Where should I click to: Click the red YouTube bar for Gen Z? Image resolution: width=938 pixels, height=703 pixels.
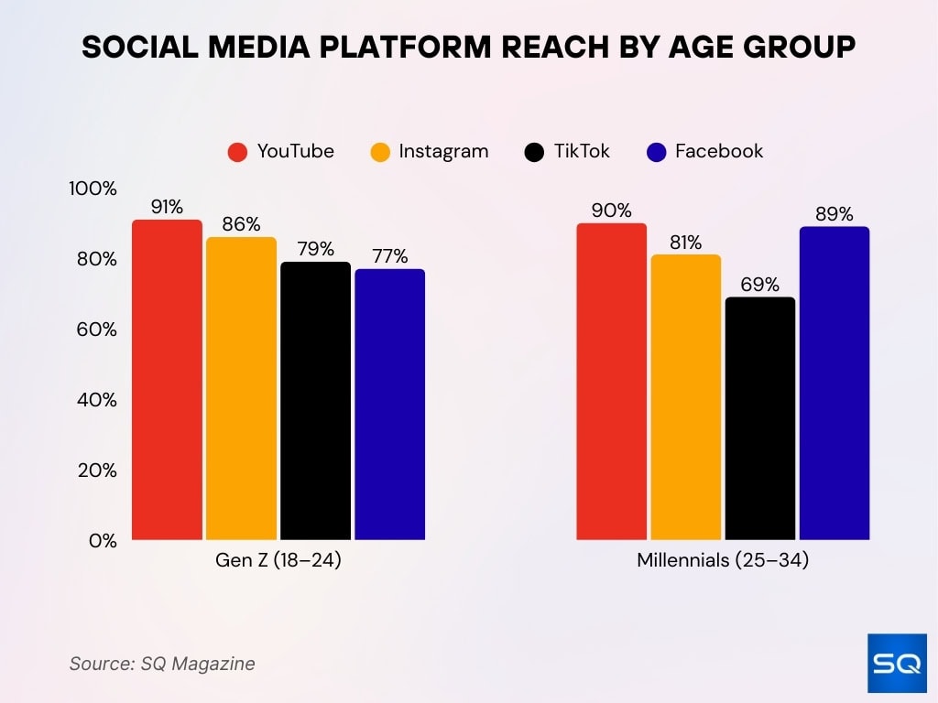click(x=167, y=380)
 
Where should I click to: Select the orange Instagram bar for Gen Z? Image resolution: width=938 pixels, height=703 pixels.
click(x=241, y=388)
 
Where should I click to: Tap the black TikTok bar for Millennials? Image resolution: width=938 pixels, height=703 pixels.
click(x=759, y=418)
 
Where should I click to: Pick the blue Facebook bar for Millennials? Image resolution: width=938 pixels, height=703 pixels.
click(x=834, y=384)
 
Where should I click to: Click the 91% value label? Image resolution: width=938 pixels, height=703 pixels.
click(x=167, y=207)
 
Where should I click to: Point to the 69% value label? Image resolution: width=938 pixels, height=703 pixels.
click(x=759, y=284)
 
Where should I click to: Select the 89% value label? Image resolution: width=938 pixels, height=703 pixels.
click(x=834, y=214)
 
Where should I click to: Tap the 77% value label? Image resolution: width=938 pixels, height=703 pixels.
click(x=389, y=256)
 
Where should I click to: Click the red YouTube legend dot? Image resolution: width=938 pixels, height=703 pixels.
click(x=238, y=152)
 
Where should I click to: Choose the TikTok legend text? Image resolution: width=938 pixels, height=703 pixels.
click(x=582, y=151)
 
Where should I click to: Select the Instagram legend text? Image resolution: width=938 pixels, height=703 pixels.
click(x=443, y=151)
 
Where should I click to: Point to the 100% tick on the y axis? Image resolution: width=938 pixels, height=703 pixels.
click(x=93, y=189)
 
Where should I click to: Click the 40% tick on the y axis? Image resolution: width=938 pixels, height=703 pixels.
click(x=95, y=400)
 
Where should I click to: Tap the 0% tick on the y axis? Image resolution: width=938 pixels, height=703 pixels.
click(x=101, y=541)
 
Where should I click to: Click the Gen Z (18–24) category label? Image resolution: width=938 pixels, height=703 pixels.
click(x=278, y=560)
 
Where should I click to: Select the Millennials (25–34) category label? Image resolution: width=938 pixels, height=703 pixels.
click(x=723, y=560)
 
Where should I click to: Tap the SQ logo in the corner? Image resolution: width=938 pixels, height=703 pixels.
click(x=896, y=663)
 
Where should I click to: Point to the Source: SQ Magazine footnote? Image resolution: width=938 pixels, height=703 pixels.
click(x=162, y=664)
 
